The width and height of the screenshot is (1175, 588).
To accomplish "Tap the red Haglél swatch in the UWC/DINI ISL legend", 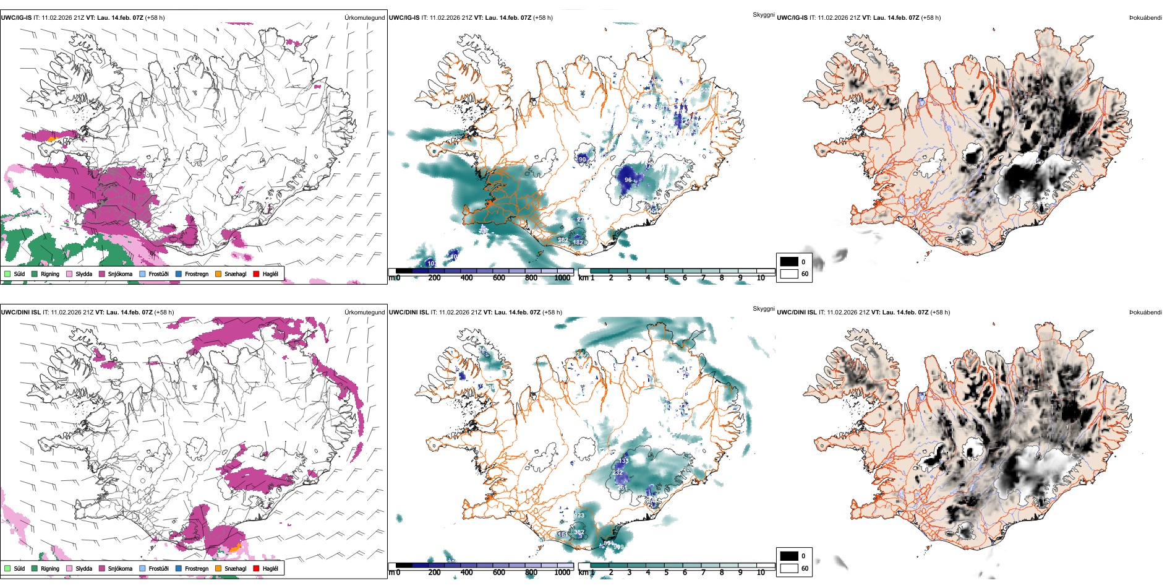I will point(257,568).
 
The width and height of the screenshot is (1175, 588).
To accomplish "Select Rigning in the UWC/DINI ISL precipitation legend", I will point(50,568).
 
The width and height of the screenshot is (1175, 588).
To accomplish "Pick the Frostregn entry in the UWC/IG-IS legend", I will point(196,274).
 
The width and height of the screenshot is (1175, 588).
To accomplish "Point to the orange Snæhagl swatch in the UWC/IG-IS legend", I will point(218,274).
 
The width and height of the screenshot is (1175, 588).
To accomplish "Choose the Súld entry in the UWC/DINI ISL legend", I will point(19,568).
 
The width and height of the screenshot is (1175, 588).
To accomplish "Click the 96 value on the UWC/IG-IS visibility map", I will point(628,180).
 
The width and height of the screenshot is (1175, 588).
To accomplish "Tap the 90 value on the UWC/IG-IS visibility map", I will point(582,159).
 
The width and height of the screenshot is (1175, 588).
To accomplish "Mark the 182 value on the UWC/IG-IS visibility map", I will point(578,242).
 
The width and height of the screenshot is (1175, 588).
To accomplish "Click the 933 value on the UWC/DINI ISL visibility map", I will point(579,516).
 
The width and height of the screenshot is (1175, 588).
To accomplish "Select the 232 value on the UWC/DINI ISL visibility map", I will point(617,472).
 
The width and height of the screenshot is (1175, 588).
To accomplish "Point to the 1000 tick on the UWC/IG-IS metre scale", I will point(562,278).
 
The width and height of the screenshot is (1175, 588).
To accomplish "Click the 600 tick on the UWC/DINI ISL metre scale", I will point(498,573).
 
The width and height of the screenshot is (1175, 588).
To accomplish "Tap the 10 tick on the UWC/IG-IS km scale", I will point(761,278).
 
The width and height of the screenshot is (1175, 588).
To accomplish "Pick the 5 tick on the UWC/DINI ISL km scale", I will point(666,573).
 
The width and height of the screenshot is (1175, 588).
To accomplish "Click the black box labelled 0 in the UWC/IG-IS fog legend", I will point(789,262).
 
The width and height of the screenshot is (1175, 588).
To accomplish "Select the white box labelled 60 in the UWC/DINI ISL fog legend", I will point(789,568).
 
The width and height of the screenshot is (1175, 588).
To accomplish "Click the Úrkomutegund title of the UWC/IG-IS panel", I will point(364,17).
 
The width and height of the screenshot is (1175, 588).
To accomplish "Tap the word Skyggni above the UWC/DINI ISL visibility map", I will point(763,308).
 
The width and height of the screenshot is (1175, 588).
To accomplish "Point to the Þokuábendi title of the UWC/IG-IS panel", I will point(1145,17).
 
